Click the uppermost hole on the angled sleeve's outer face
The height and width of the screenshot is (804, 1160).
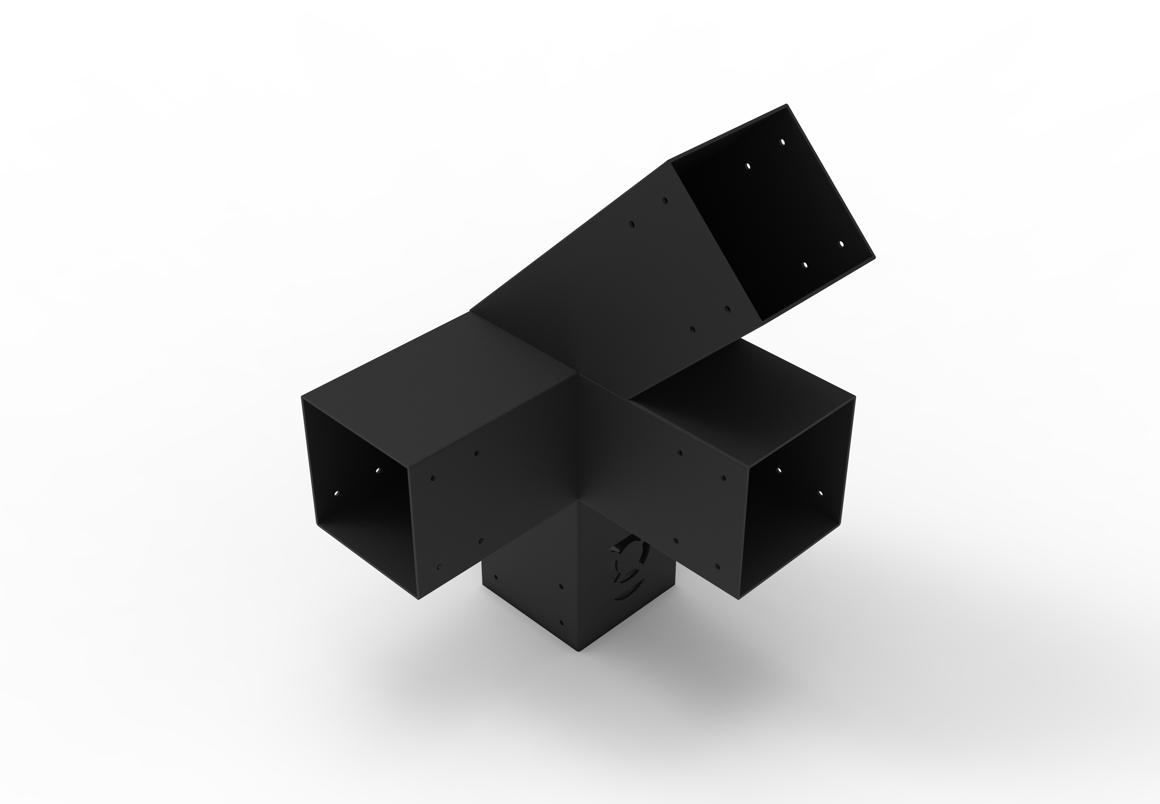coord(665,200)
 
